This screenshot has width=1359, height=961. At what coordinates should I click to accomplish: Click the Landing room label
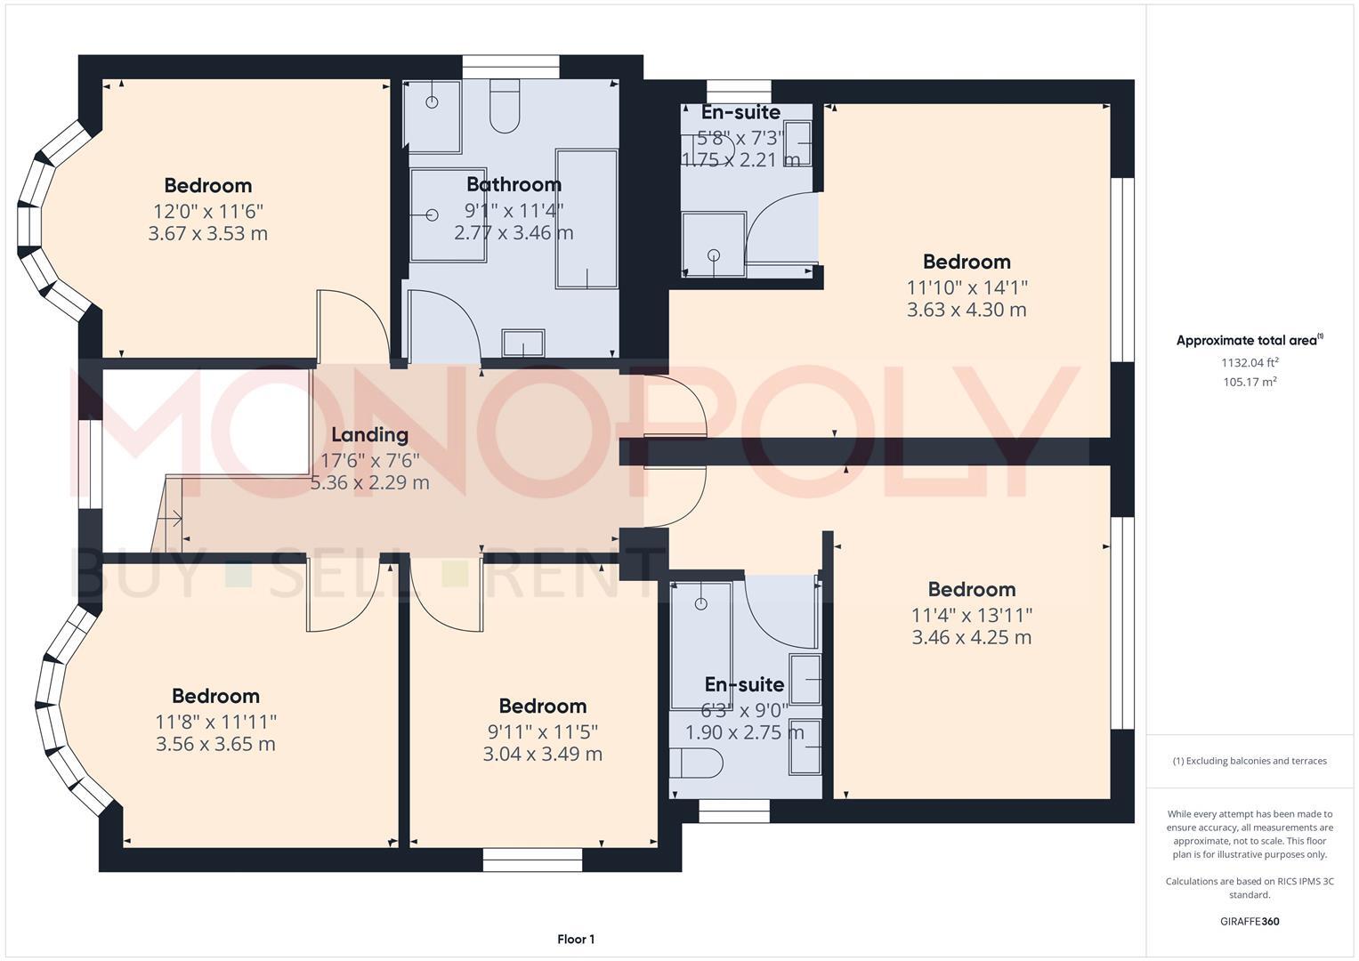pos(369,435)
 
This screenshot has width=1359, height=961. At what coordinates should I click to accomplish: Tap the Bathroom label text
pos(514,185)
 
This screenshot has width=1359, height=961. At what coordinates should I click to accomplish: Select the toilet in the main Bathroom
pos(505,106)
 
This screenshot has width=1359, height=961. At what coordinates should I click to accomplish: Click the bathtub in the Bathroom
pos(586,219)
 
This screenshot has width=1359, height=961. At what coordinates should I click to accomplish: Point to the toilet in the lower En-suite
pos(697,762)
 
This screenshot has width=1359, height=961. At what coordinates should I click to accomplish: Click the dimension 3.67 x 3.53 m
pos(208,234)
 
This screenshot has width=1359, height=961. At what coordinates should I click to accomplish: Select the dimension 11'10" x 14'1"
pos(967,287)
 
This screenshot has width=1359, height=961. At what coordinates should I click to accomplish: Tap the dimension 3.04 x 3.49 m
pos(542,755)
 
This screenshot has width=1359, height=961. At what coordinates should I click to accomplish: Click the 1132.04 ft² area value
pos(1250,363)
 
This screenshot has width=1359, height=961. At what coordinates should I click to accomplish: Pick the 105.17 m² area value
pos(1250,383)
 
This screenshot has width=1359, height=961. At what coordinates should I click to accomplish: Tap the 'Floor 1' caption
pos(576,940)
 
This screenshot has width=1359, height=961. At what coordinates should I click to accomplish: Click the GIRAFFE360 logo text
pos(1250,922)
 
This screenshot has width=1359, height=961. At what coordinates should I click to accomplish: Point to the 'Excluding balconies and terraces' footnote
pos(1250,762)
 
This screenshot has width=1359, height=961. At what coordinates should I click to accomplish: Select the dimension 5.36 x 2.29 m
pos(369,483)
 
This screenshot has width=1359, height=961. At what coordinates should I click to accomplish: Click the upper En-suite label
pos(740,113)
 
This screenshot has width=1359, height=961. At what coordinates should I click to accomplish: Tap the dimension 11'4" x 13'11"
pos(972,615)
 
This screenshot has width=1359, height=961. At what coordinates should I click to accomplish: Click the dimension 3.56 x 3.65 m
pos(215,745)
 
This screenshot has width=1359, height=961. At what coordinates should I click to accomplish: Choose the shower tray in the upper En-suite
pos(714,243)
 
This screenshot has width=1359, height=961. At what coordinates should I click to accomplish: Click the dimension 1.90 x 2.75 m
pos(744,733)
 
